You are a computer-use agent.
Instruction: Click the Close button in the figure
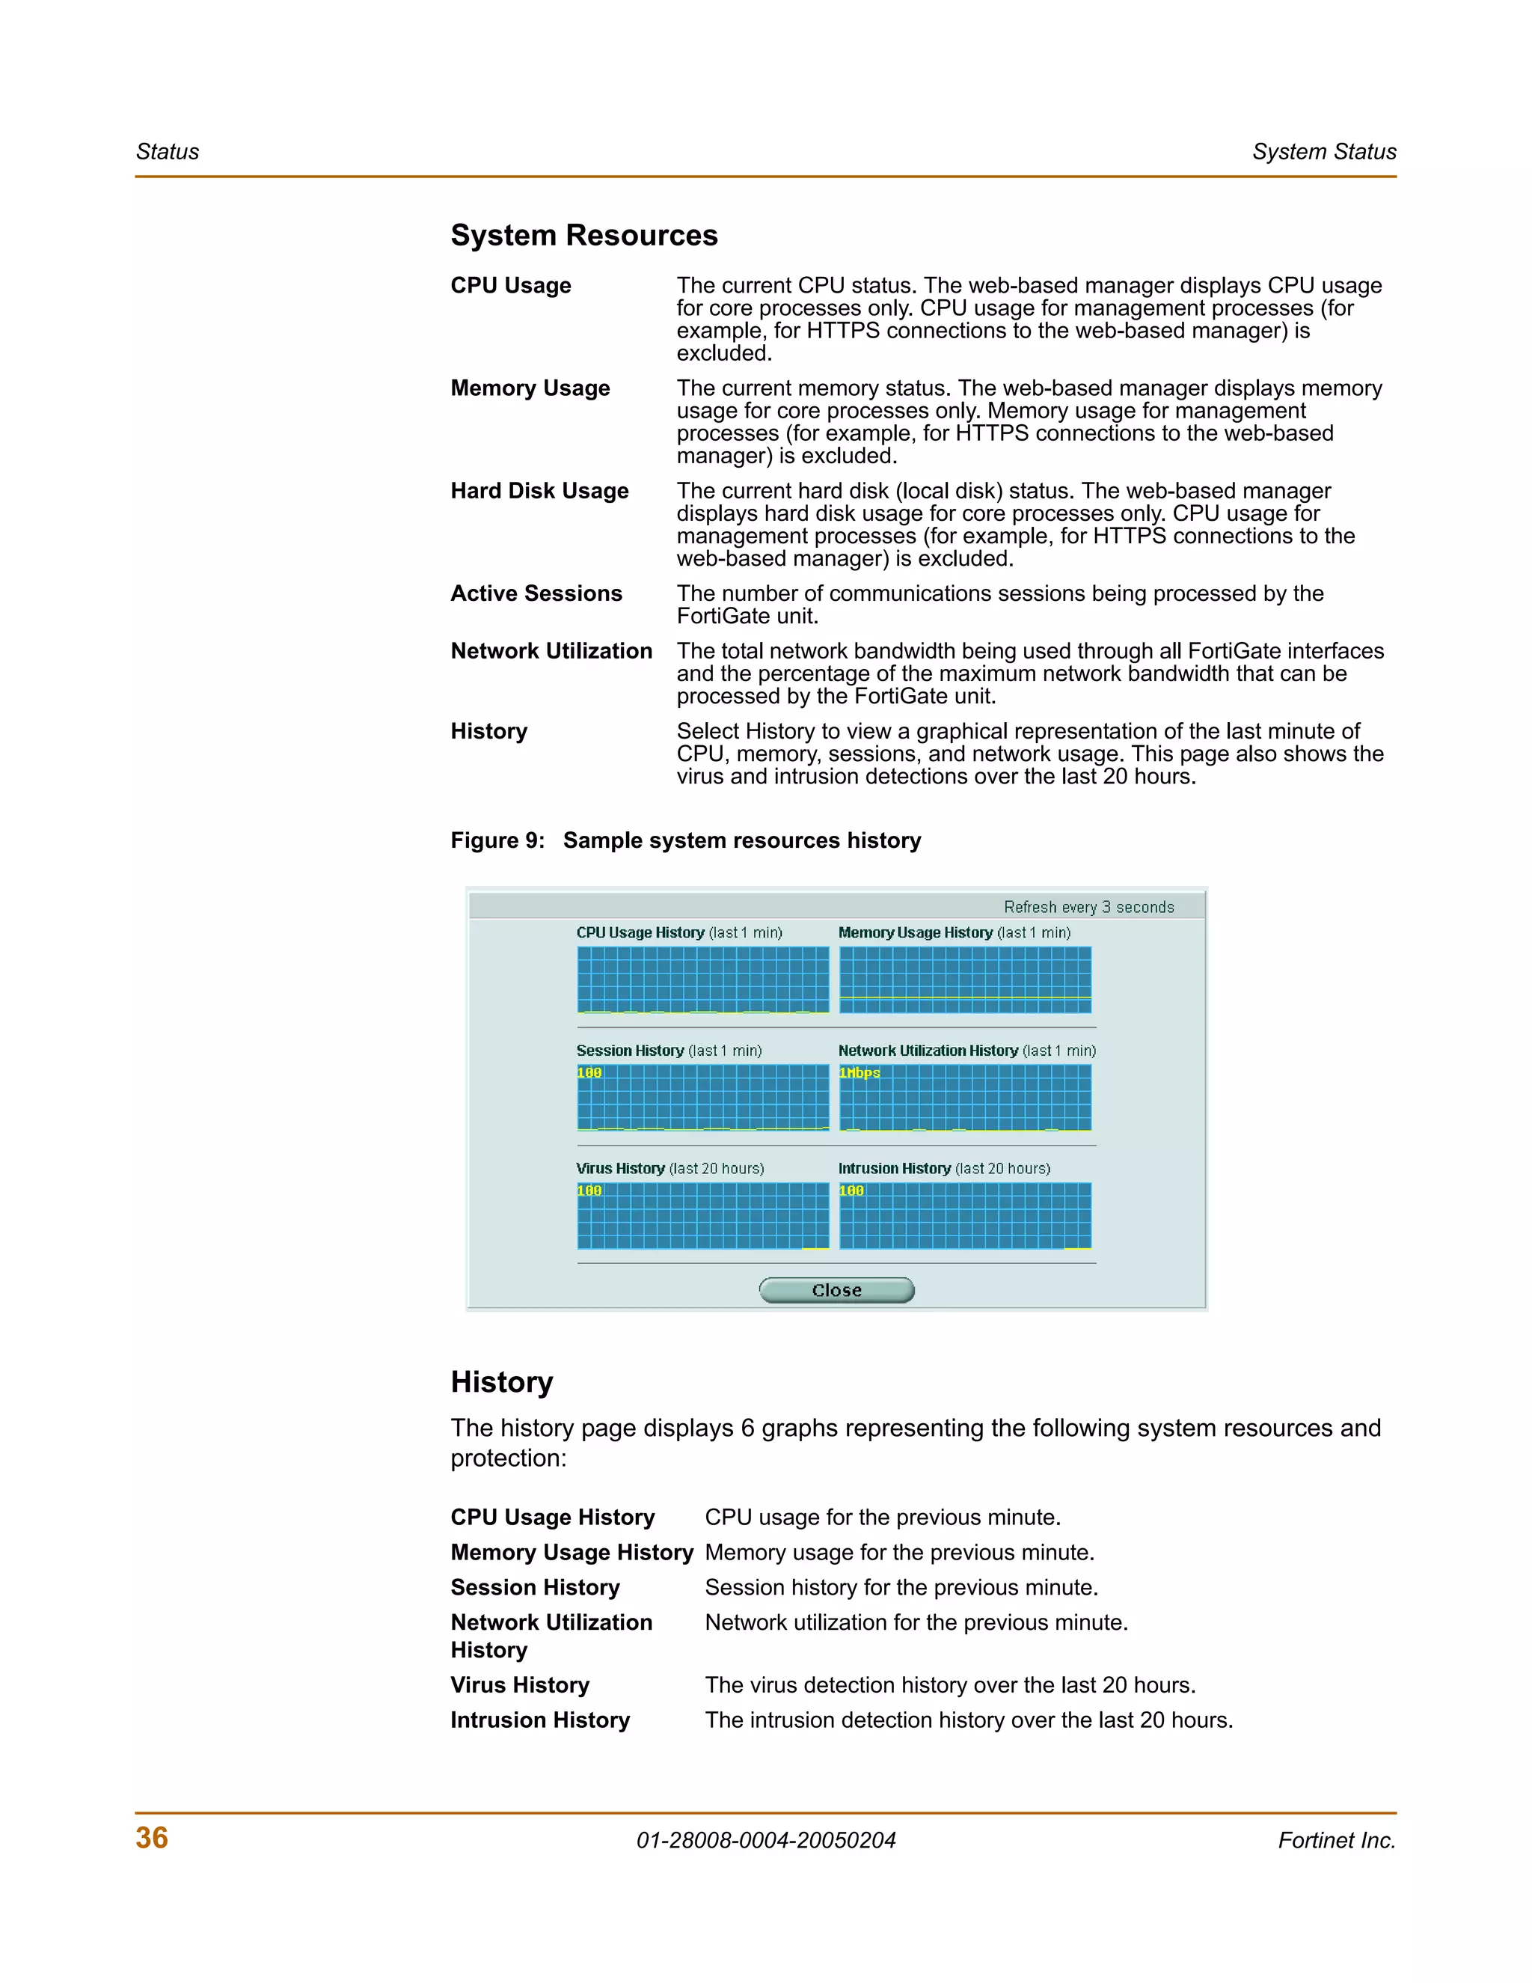coord(836,1290)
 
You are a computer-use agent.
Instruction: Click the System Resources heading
coord(583,235)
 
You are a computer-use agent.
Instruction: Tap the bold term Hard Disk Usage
coord(539,491)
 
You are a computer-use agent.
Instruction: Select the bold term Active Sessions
coord(536,594)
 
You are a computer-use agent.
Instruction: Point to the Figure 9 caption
coord(685,841)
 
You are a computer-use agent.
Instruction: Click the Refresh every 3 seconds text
coord(1088,907)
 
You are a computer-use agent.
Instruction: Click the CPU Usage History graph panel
coord(702,980)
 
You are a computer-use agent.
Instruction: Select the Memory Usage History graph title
coord(954,932)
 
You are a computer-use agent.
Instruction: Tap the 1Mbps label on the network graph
coord(860,1073)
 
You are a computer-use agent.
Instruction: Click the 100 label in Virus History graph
coord(589,1191)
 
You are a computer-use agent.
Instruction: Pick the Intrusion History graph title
coord(944,1169)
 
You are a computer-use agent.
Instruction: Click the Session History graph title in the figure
coord(669,1051)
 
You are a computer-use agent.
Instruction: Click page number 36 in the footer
coord(152,1838)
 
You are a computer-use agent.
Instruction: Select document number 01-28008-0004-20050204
coord(766,1841)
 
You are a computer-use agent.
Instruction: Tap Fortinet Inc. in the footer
coord(1336,1841)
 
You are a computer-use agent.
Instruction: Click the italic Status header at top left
coord(167,152)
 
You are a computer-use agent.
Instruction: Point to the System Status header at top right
coord(1323,152)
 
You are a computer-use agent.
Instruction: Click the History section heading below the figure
coord(502,1382)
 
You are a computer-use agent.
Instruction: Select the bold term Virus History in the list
coord(520,1685)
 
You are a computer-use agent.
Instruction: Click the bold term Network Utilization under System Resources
coord(551,652)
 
